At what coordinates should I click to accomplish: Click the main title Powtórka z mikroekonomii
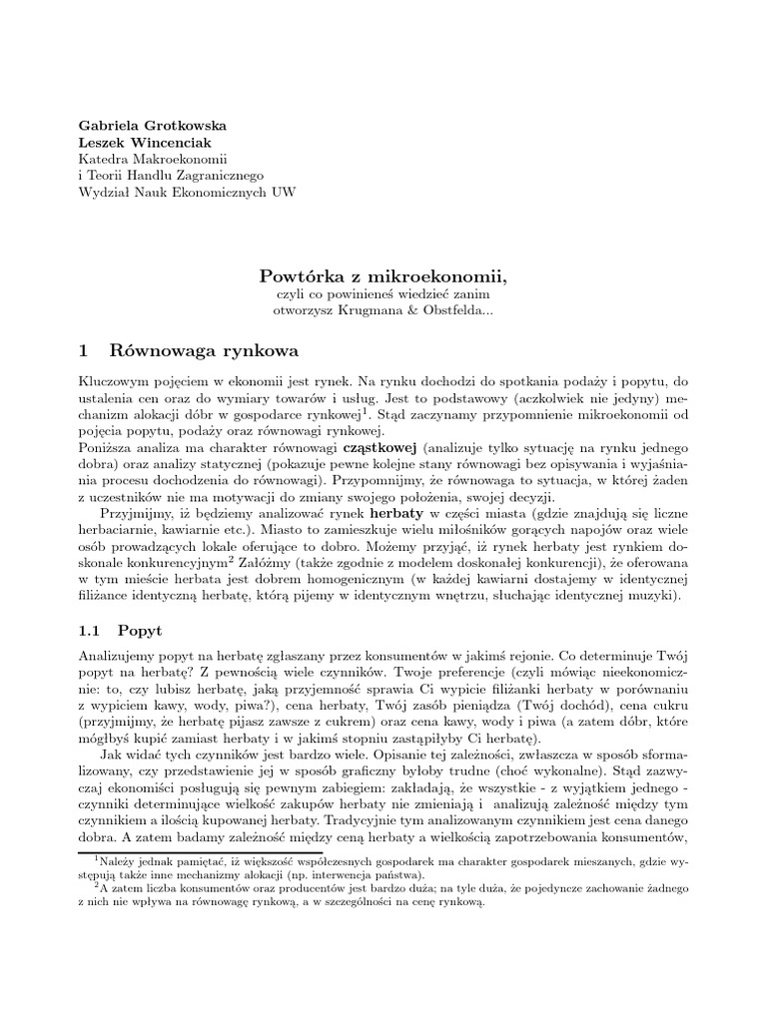(x=383, y=273)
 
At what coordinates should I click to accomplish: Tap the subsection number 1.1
(x=92, y=632)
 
